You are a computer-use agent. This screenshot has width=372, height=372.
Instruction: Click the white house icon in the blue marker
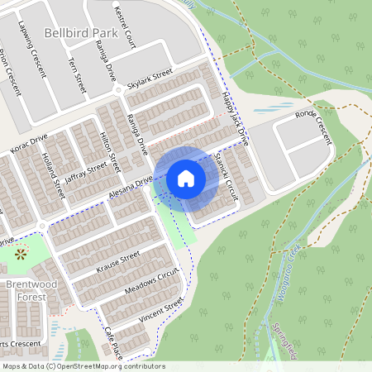click(186, 178)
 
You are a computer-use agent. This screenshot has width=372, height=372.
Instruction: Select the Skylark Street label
click(150, 79)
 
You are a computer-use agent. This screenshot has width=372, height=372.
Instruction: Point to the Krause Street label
click(117, 263)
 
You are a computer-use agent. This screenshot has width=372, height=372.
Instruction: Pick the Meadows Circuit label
click(150, 282)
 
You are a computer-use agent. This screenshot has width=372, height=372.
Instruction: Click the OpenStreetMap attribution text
click(83, 366)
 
